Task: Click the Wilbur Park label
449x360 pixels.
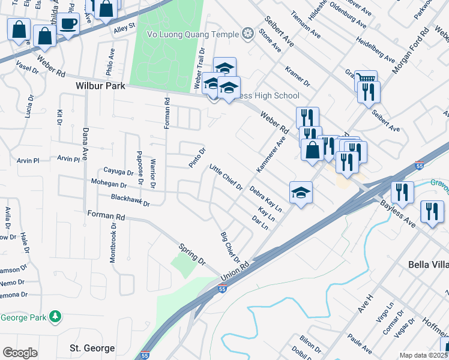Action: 100,86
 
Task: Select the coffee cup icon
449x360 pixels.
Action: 68,24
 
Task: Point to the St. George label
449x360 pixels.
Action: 92,348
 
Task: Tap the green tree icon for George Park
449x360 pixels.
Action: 55,316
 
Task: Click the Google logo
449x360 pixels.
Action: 20,353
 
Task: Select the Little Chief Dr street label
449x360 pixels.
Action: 226,178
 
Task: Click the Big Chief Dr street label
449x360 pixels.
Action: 230,246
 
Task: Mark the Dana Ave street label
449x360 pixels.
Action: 85,142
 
